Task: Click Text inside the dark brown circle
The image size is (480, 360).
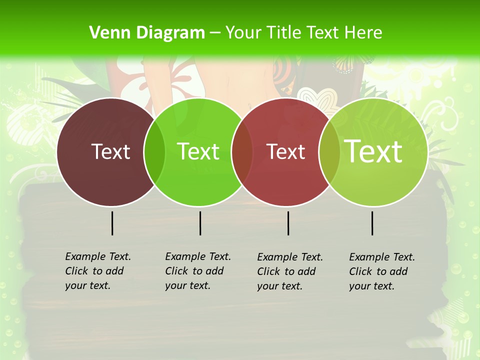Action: [110, 151]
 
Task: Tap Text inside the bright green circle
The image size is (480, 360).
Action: [198, 151]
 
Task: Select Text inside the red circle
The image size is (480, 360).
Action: [285, 151]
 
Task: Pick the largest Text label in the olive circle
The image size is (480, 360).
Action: [373, 151]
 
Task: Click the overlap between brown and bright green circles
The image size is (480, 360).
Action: [154, 151]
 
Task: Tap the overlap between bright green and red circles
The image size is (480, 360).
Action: [242, 151]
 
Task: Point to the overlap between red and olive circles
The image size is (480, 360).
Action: [329, 151]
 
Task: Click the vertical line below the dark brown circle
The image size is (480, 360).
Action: [112, 223]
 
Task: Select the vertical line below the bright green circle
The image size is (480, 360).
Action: [200, 223]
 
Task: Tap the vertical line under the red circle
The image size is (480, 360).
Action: [288, 223]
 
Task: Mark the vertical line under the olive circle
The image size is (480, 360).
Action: [372, 223]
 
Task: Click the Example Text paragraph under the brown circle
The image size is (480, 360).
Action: [98, 271]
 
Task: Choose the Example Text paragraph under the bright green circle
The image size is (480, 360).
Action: [198, 271]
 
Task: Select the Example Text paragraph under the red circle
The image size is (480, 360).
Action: [290, 271]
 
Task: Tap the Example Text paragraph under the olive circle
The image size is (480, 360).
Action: [382, 271]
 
